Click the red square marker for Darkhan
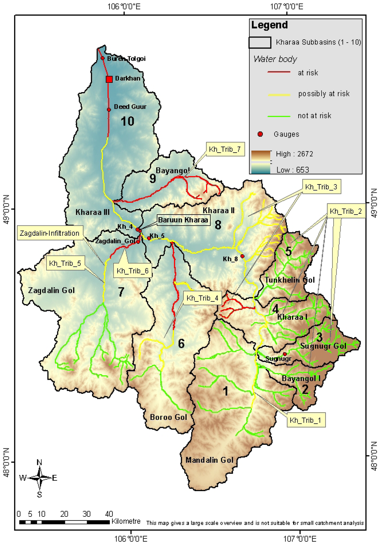click(x=109, y=79)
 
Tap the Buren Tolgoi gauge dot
click(x=103, y=58)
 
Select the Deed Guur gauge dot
click(x=109, y=110)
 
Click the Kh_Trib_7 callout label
click(x=225, y=149)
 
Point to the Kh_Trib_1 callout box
click(x=306, y=420)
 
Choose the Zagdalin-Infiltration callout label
click(x=49, y=233)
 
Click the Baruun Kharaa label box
click(x=183, y=220)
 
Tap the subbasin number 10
click(x=127, y=121)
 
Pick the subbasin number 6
click(x=181, y=344)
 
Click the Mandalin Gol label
click(x=209, y=460)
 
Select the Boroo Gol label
click(x=168, y=417)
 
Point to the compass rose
click(x=39, y=478)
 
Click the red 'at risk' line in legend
click(x=279, y=72)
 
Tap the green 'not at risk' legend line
click(x=279, y=116)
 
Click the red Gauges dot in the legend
click(x=260, y=134)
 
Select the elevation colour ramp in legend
click(x=261, y=162)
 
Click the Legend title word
click(x=269, y=25)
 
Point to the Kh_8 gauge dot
click(x=242, y=256)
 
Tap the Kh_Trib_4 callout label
click(x=202, y=298)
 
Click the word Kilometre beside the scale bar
click(x=126, y=521)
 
